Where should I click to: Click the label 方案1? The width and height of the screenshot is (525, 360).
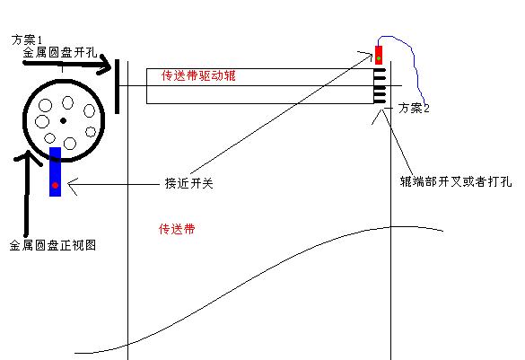pos(27,40)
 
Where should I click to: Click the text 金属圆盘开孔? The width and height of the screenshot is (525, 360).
pos(60,53)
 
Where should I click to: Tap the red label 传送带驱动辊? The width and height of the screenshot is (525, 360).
pos(198,75)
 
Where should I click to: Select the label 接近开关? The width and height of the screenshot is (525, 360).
pos(188,183)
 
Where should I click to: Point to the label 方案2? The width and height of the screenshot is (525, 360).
pos(414,108)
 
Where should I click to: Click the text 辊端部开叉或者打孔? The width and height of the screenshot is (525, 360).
pos(456,181)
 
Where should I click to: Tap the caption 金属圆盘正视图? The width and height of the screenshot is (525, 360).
pos(53,245)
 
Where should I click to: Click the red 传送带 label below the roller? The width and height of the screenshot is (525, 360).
pos(177,230)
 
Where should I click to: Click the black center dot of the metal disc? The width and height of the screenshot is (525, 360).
pos(64,120)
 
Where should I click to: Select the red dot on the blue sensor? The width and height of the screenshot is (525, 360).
pos(55,185)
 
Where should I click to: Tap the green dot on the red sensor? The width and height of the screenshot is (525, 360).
pos(379,58)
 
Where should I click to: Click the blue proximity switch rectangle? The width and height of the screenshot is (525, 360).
pos(56,171)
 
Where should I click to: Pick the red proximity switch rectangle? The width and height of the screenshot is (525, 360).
pos(379,55)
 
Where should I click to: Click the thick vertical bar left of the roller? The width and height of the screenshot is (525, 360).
pos(117,86)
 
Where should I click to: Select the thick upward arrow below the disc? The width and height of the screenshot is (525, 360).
pos(26,192)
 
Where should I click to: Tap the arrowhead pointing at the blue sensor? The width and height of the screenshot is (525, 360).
pos(73,185)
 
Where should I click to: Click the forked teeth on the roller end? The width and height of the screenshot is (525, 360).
pos(380,86)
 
